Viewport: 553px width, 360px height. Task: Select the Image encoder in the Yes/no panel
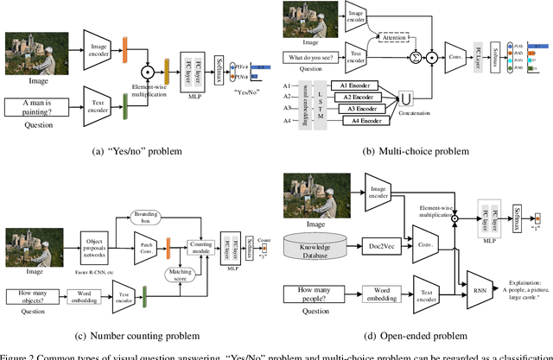101,46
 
